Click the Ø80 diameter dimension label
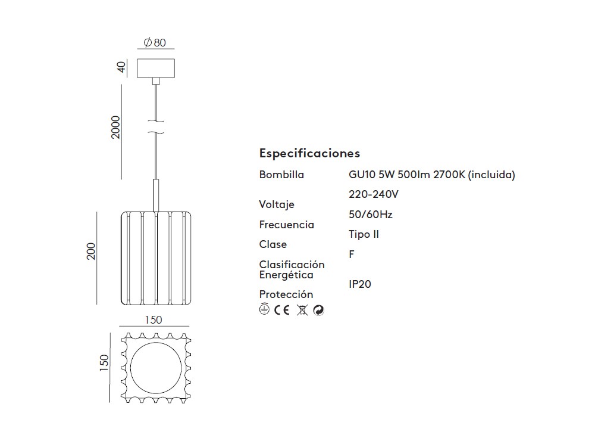pyautogui.click(x=155, y=42)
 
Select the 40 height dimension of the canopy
pyautogui.click(x=121, y=67)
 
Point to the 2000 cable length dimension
pyautogui.click(x=116, y=128)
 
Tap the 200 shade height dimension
pyautogui.click(x=91, y=252)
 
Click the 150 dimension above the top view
pyautogui.click(x=154, y=320)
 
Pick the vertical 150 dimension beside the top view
pyautogui.click(x=104, y=362)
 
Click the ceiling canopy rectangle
pyautogui.click(x=156, y=69)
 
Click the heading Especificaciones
pyautogui.click(x=309, y=153)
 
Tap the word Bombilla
pyautogui.click(x=281, y=175)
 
